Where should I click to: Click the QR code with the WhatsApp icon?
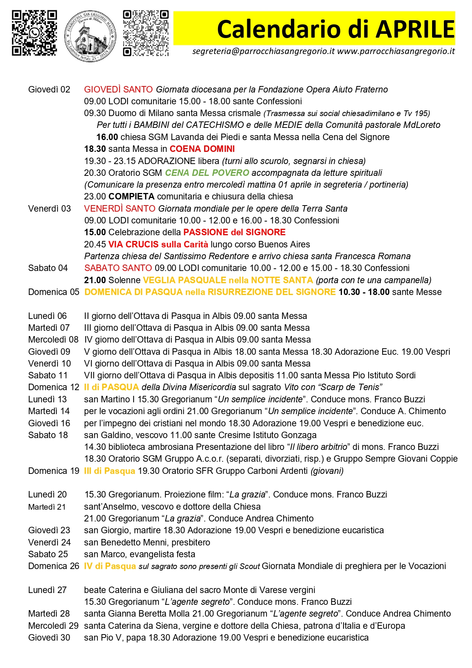(x=34, y=33)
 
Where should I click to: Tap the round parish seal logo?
(x=91, y=36)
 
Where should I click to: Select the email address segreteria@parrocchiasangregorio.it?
(x=263, y=51)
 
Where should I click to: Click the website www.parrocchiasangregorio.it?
(x=396, y=51)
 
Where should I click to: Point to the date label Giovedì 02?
(x=49, y=89)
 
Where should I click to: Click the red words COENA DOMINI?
(x=202, y=149)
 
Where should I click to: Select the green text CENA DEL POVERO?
(x=207, y=173)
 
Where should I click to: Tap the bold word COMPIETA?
(x=131, y=196)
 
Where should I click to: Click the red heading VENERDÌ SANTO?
(x=119, y=209)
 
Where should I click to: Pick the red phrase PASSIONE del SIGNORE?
(x=234, y=232)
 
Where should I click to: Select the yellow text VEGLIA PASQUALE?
(x=184, y=280)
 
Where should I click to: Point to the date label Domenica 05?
(x=54, y=292)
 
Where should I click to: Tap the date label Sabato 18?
(x=48, y=435)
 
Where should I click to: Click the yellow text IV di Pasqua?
(x=110, y=566)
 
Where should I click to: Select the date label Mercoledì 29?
(x=53, y=626)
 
